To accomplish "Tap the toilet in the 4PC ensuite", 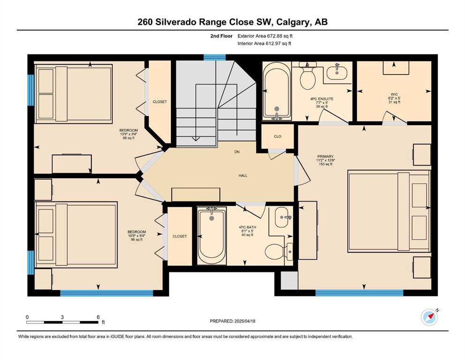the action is [308, 76].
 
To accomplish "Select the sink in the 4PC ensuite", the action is [337, 71].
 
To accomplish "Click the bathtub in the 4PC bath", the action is [212, 235].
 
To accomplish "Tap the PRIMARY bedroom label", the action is [325, 157].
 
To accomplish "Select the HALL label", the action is [243, 176].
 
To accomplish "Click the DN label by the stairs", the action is [237, 152].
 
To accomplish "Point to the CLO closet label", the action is [278, 136].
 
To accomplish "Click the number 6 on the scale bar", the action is [98, 317].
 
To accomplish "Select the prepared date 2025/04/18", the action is [244, 321].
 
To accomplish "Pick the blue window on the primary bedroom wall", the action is [359, 292].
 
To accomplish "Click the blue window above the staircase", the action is [215, 57].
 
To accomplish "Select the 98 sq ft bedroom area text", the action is [137, 240].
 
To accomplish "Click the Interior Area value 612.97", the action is [274, 44].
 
